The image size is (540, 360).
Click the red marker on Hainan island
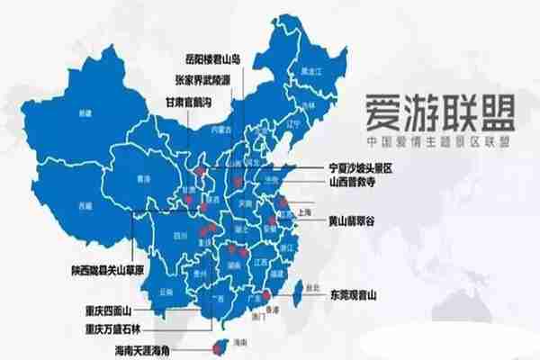(216, 346)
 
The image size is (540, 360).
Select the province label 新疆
(85, 113)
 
